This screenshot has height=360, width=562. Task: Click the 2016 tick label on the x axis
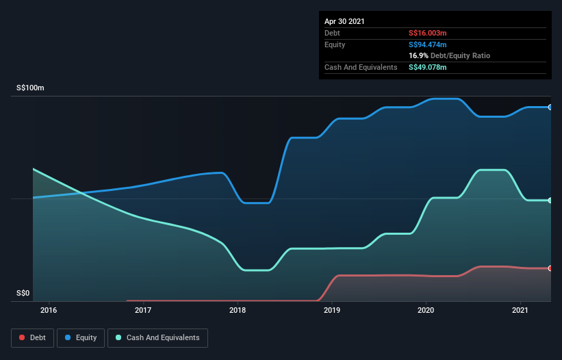(49, 310)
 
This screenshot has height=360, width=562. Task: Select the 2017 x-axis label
(143, 310)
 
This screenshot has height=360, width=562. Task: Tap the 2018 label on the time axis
(238, 310)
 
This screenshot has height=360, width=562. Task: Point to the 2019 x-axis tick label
(332, 310)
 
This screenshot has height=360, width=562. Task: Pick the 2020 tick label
(426, 310)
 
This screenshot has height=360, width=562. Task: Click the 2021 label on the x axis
(521, 310)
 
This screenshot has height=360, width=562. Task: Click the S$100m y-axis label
(31, 88)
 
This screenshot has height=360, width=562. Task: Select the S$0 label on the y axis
(24, 294)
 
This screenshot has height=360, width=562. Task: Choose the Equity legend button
(81, 337)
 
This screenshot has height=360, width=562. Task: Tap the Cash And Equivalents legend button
(157, 337)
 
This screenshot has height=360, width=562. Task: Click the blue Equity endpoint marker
(550, 107)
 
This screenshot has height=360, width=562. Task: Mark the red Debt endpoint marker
(550, 268)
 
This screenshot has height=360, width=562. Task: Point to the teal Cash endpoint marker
(550, 201)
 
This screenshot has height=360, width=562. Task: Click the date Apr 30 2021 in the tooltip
(344, 21)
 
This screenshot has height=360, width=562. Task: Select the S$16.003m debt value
(427, 33)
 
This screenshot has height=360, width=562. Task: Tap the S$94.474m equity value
(427, 44)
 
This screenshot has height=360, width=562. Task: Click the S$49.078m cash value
(427, 67)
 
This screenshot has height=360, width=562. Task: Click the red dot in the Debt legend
(23, 337)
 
